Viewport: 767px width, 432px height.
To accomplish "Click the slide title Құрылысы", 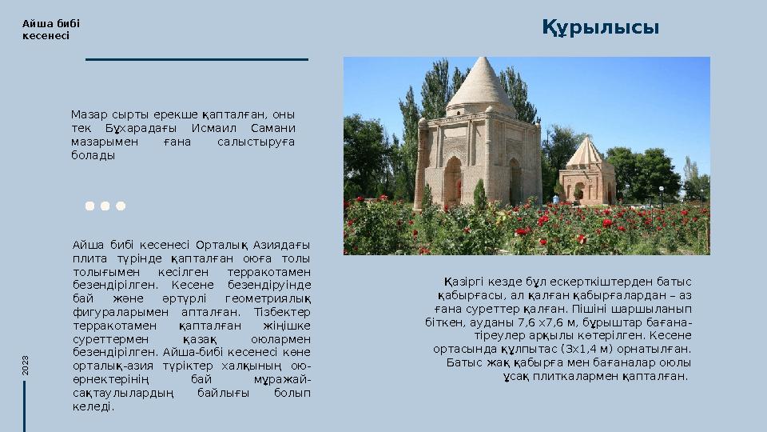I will [601, 29].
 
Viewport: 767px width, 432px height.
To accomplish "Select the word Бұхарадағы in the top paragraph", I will [144, 128].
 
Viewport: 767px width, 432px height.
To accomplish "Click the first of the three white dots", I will [89, 206].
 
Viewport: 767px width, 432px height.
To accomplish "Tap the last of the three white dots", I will [121, 206].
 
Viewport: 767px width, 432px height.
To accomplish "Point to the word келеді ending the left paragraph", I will [91, 406].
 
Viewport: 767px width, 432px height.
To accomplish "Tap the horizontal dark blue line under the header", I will [197, 59].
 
